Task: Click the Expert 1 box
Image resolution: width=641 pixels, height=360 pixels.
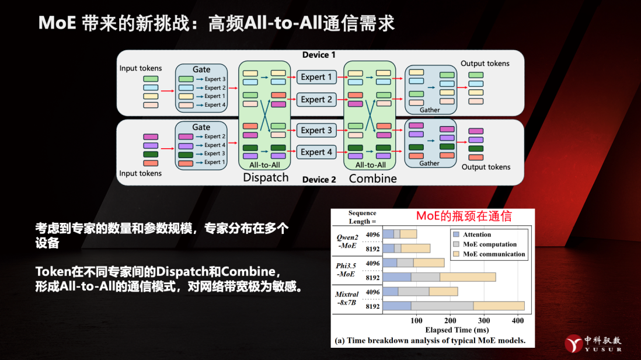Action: [316, 77]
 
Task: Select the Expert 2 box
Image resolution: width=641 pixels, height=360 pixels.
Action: [316, 100]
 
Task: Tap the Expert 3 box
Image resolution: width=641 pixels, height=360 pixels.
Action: [316, 130]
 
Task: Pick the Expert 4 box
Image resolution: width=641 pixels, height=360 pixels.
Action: [316, 152]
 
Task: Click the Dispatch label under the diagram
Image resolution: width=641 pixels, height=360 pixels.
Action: [266, 177]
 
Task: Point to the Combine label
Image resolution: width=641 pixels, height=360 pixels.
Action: [372, 178]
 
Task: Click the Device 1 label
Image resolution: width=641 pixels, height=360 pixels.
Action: [319, 55]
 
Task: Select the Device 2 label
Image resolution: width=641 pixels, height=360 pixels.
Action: [319, 180]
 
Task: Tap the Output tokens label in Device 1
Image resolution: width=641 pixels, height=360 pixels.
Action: [485, 64]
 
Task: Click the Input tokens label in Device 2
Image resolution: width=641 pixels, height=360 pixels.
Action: [141, 173]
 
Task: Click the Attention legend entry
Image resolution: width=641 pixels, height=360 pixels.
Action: [476, 235]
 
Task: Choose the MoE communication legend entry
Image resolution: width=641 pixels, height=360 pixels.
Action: [493, 254]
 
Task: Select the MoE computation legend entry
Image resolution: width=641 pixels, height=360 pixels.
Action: [489, 244]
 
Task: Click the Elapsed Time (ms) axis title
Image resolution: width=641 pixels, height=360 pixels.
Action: [432, 330]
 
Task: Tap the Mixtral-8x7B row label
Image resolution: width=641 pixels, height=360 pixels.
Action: [347, 298]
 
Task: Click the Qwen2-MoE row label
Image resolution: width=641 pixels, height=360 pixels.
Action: [347, 241]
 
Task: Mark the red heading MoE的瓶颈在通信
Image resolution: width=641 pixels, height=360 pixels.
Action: [464, 216]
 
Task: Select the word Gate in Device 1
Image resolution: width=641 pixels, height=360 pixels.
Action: [201, 69]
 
